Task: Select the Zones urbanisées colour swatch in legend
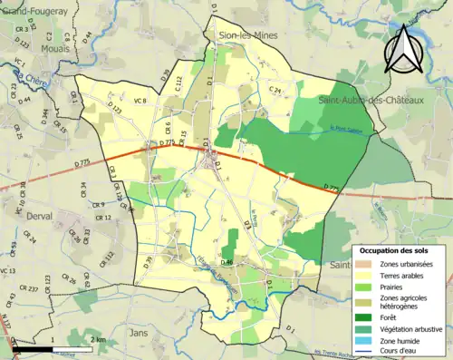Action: coord(365,263)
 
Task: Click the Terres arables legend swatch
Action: coord(365,275)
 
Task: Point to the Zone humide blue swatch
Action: coord(365,338)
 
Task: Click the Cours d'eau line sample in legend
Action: coord(365,349)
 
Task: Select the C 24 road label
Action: coord(275,92)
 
